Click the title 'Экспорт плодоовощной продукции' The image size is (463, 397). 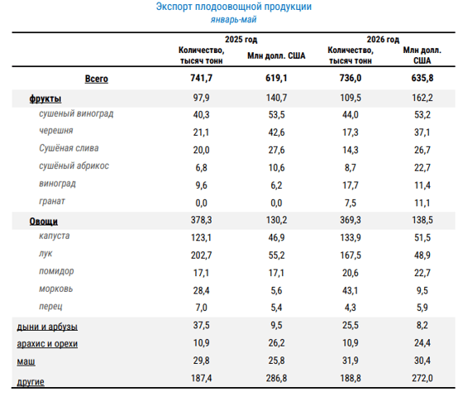[x=233, y=7]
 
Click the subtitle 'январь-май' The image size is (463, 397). [x=233, y=20]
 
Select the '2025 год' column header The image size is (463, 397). [x=241, y=40]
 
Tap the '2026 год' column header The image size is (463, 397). [x=383, y=40]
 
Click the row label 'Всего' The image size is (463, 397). [x=97, y=79]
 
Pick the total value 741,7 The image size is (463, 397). [x=202, y=78]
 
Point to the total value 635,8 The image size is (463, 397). [x=422, y=78]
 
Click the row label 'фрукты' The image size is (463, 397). [x=45, y=98]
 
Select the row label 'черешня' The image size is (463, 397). [x=56, y=131]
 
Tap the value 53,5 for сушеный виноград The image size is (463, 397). [x=276, y=115]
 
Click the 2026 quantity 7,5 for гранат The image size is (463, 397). [x=351, y=203]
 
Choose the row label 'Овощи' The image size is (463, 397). [x=43, y=222]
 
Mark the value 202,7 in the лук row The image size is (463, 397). [x=202, y=255]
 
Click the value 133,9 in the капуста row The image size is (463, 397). [x=351, y=237]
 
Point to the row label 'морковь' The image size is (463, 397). [x=56, y=289]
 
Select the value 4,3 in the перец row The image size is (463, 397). [x=351, y=308]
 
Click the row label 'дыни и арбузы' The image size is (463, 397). [x=47, y=327]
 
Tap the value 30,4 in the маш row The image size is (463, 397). [x=422, y=361]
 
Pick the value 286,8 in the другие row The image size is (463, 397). [x=276, y=378]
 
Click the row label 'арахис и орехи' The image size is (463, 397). [x=47, y=344]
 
